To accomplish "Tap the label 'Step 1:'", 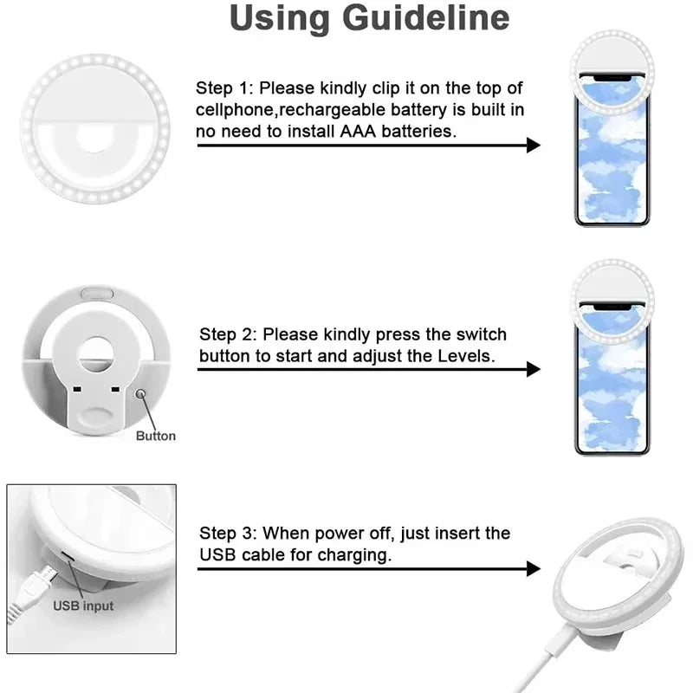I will click(225, 87).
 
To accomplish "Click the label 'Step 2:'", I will click(229, 334).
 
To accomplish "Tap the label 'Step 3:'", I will click(229, 534).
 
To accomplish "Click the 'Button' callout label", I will click(155, 436).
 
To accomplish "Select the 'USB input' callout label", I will click(83, 606).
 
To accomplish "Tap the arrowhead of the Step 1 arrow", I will click(534, 145).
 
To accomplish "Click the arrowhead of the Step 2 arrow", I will click(534, 369).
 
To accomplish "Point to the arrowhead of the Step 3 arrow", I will click(534, 569).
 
